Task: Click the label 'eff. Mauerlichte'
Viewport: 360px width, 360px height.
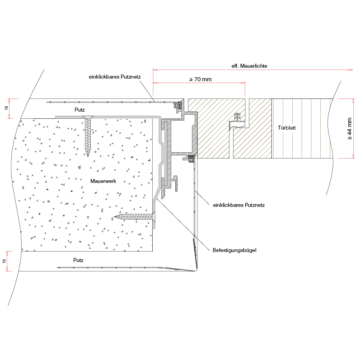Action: tap(249, 66)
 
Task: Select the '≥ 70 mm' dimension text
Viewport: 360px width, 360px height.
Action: tap(201, 79)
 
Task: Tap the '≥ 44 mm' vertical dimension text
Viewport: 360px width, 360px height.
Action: tap(349, 128)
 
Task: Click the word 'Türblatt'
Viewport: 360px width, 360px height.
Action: tap(286, 128)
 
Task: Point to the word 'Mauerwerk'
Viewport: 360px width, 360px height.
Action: tap(103, 181)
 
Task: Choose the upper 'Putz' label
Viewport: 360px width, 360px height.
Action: tap(79, 110)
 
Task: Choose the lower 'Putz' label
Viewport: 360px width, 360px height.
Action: tap(78, 260)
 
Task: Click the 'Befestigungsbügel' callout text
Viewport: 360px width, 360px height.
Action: tap(234, 250)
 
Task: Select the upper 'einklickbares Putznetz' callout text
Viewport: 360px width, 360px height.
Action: tap(115, 77)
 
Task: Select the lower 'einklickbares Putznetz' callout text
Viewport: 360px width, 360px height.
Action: tap(239, 205)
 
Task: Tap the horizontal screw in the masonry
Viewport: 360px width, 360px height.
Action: tap(135, 217)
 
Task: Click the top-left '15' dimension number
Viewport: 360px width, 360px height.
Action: tap(6, 108)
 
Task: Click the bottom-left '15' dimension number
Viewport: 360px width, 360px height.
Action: tap(4, 261)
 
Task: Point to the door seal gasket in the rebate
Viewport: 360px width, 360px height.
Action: tap(237, 122)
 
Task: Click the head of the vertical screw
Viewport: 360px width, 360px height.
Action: tap(88, 117)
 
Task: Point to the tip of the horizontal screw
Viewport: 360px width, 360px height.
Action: tap(115, 216)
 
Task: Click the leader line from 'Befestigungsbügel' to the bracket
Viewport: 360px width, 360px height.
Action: tap(183, 225)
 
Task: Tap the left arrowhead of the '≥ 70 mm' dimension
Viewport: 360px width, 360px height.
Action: tap(155, 83)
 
